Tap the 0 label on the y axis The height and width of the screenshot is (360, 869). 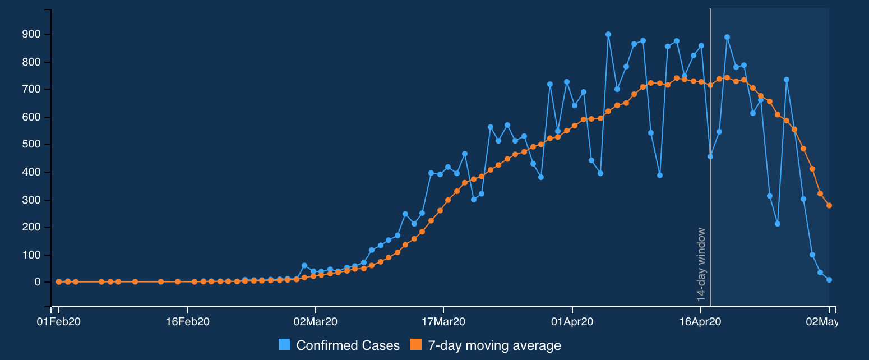(38, 282)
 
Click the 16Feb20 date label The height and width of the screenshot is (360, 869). (188, 322)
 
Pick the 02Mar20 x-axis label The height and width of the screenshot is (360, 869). (316, 322)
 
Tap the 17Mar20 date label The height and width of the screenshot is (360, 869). (443, 322)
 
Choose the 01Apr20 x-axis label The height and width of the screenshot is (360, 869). (572, 322)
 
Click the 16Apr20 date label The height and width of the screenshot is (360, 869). (700, 322)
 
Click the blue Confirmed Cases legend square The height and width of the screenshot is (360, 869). (284, 345)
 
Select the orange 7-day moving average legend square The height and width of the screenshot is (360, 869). (416, 345)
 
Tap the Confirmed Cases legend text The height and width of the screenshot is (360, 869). (348, 345)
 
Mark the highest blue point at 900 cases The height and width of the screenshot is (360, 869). (608, 34)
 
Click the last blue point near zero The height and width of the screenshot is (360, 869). (829, 280)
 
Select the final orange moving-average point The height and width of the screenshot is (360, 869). (829, 206)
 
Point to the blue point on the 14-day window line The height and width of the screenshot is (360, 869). (710, 156)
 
